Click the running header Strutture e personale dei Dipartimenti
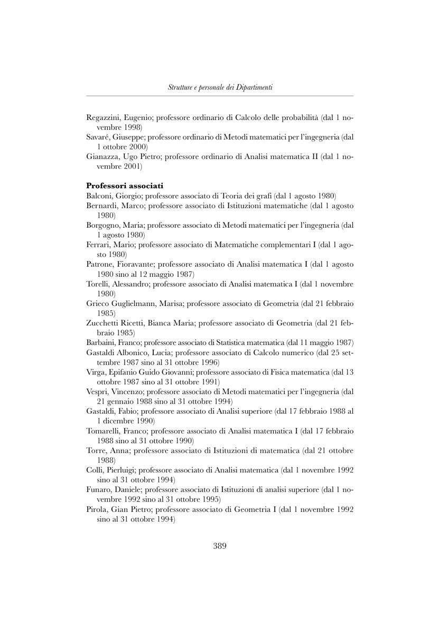[220, 87]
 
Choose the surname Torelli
[99, 284]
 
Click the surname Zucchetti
[104, 323]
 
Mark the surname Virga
[96, 371]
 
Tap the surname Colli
[95, 469]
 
